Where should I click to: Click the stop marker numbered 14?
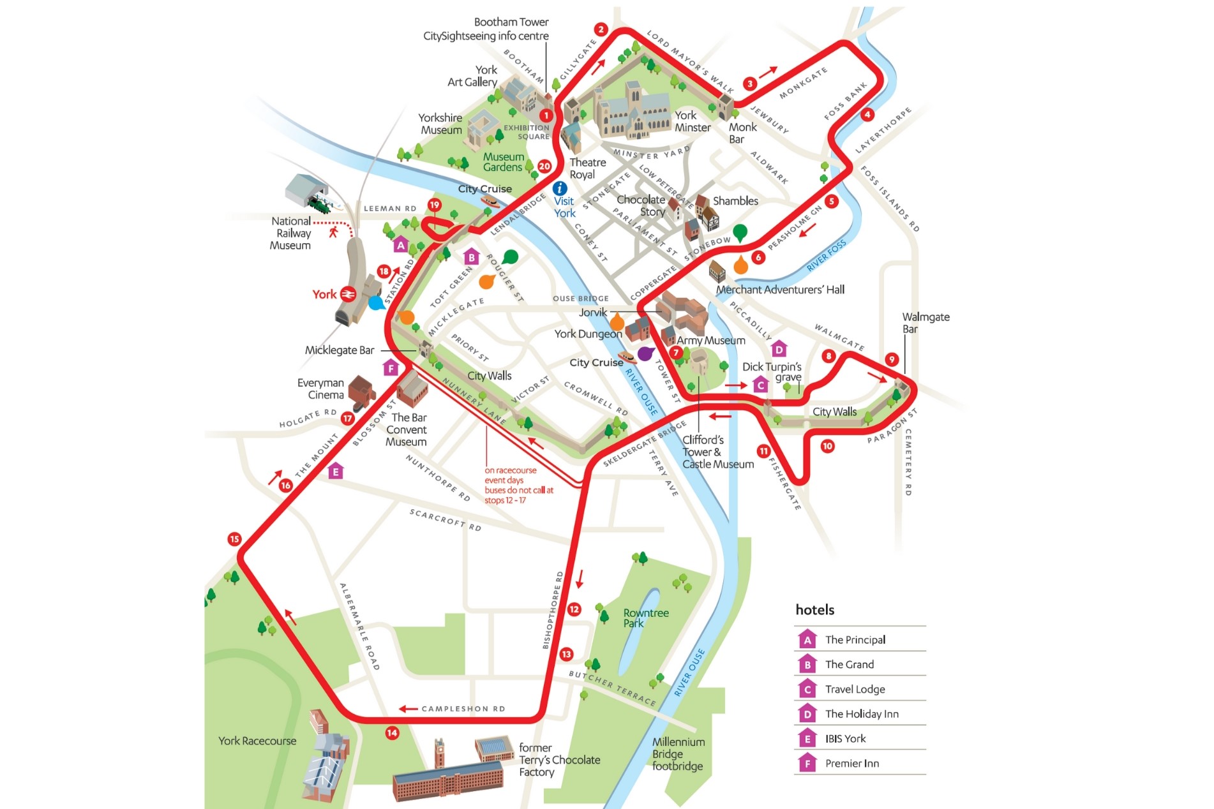pos(392,733)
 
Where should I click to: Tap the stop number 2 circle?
pos(601,29)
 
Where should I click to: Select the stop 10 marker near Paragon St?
pos(827,446)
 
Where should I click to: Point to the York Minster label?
pos(693,121)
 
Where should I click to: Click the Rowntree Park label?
pos(645,618)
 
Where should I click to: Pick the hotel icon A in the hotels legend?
pos(807,639)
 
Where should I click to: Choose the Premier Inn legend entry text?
pos(851,763)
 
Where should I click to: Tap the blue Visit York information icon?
pos(560,188)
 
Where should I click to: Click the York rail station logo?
pos(348,294)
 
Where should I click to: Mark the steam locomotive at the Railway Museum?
pos(319,205)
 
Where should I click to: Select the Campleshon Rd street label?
pos(463,709)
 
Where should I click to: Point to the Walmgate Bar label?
pos(925,323)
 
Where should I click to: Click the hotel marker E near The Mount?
pos(336,471)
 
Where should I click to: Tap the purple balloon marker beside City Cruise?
pos(645,353)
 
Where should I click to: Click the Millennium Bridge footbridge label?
pos(678,753)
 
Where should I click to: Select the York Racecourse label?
pos(257,741)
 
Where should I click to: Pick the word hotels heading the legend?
pos(814,609)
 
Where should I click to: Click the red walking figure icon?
pos(333,232)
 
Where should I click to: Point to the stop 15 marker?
pos(234,539)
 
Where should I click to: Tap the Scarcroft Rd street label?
pos(445,519)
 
